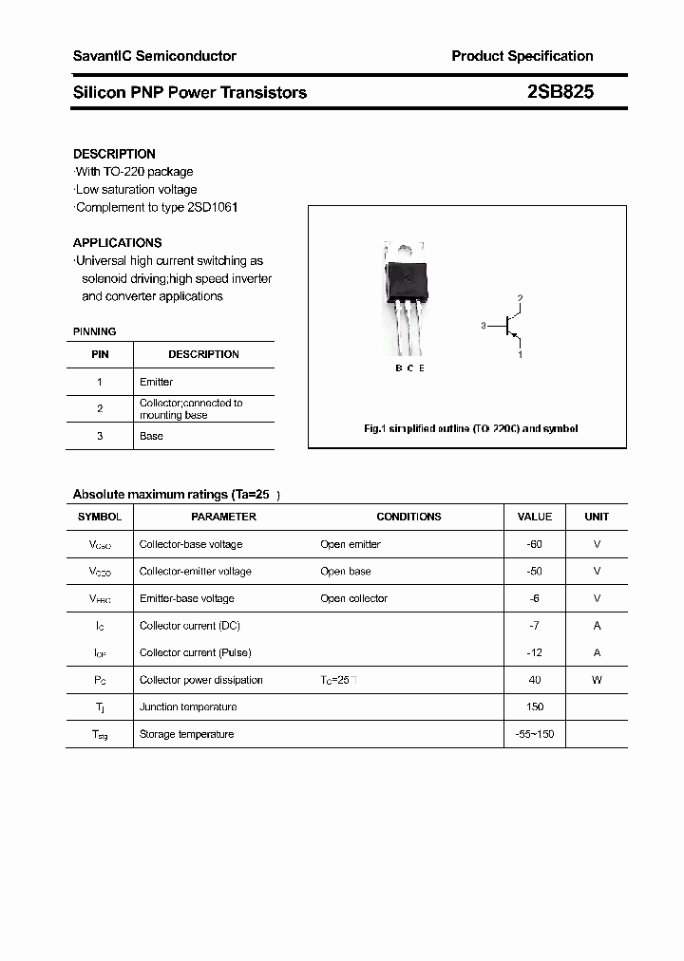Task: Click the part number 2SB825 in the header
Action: point(560,92)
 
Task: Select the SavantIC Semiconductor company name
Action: point(154,56)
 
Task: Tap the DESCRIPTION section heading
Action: point(114,154)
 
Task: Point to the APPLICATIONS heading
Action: point(117,242)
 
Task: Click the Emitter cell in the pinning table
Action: point(156,382)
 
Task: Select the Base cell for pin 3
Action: point(151,436)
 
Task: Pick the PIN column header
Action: point(100,354)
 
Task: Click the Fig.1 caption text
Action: point(470,428)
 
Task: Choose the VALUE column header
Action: point(534,517)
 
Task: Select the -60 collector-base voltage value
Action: point(534,544)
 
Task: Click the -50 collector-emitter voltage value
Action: point(534,572)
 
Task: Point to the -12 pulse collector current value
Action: point(534,652)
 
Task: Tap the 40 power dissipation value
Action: point(534,680)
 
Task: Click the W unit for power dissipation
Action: point(597,680)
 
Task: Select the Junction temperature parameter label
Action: point(186,707)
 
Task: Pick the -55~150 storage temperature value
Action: point(534,734)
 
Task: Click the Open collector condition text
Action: point(353,598)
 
